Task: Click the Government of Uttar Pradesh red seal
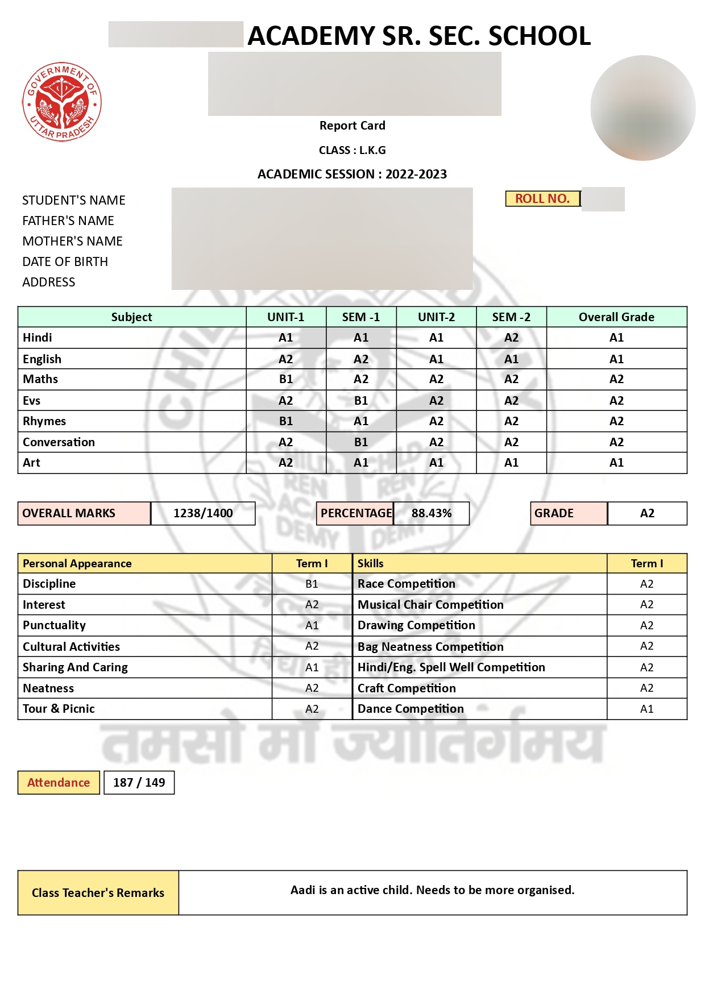[x=61, y=102]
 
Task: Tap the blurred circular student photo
[x=642, y=107]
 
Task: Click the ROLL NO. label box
[x=542, y=198]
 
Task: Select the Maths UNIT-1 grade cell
[x=285, y=379]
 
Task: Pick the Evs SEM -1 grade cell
[x=360, y=400]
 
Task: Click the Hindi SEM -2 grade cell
[x=511, y=338]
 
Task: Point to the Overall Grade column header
[x=616, y=317]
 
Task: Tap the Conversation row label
[x=59, y=442]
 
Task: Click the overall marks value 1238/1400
[x=203, y=513]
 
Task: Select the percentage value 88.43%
[x=432, y=513]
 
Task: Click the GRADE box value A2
[x=647, y=513]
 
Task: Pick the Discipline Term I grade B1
[x=312, y=584]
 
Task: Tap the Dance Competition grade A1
[x=646, y=709]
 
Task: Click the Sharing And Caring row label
[x=75, y=667]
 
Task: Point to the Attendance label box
[x=59, y=782]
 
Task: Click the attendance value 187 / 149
[x=139, y=782]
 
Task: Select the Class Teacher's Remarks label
[x=98, y=892]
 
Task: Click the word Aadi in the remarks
[x=302, y=890]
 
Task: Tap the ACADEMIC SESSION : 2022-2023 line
[x=352, y=174]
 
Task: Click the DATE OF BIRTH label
[x=65, y=261]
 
